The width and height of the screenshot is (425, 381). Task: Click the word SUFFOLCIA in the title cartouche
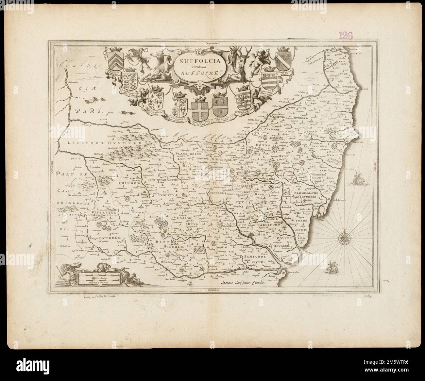195,60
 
